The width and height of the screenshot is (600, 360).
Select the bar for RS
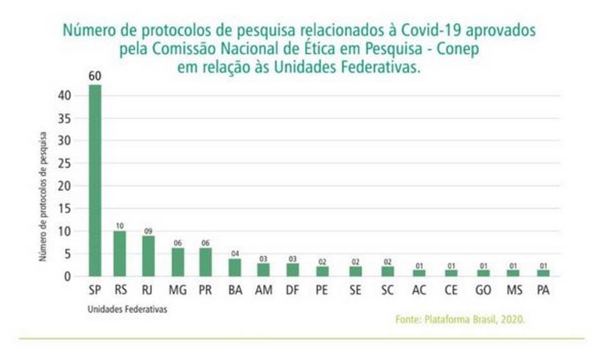pos(119,253)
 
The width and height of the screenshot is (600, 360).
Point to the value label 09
pos(148,230)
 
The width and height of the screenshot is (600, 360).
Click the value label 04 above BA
pos(235,253)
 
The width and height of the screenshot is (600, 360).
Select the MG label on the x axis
pos(178,290)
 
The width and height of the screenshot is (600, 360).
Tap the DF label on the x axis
pos(293,290)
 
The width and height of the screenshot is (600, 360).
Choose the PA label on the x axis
pos(543,290)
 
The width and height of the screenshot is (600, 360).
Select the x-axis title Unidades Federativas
pos(127,310)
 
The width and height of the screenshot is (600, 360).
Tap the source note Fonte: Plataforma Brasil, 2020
pos(460,319)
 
